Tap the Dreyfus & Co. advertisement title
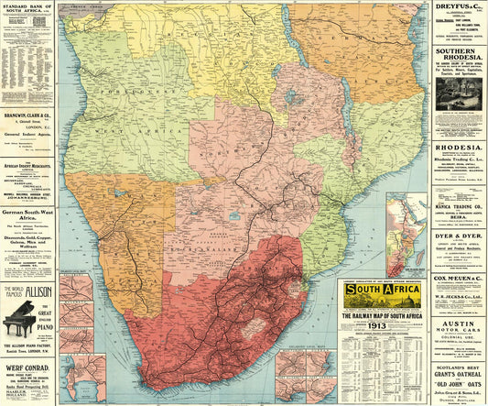(459, 7)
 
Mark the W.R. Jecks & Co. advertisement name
(459, 298)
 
